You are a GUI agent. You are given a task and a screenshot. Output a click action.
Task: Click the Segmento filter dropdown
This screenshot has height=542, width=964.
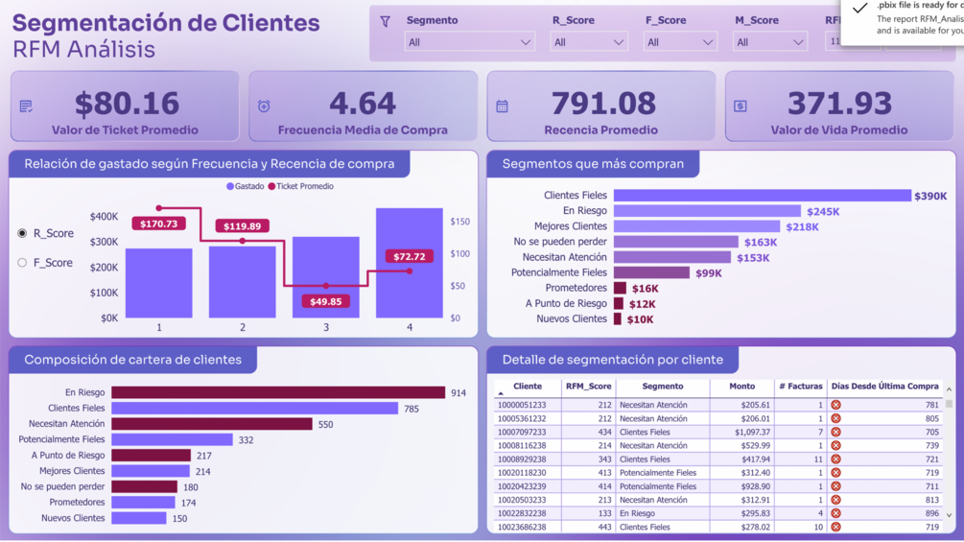[469, 42]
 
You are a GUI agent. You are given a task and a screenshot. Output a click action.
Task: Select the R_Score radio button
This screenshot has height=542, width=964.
[22, 233]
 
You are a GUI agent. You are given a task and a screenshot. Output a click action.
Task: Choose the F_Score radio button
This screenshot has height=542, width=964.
[22, 262]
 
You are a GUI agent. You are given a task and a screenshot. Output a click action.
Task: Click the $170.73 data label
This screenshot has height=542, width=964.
[158, 224]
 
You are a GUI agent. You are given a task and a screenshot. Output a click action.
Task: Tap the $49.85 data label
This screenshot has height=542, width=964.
[325, 301]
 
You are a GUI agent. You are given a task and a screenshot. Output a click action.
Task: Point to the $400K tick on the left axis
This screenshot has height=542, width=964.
[104, 217]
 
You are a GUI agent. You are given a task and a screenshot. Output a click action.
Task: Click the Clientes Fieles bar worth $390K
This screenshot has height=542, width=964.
[762, 196]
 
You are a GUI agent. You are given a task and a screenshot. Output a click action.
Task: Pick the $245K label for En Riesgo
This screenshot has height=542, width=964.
[823, 212]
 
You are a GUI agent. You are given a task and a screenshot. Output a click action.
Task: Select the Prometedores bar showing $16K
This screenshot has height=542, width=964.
[620, 288]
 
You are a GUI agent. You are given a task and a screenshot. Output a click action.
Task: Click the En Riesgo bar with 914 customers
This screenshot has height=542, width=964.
[278, 392]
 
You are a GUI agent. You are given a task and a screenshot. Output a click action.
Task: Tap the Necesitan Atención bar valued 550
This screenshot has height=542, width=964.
[211, 424]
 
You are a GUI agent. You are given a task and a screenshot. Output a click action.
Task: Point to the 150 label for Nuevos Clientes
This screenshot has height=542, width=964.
[180, 519]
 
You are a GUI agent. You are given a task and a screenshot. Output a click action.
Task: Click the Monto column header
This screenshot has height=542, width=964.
[741, 387]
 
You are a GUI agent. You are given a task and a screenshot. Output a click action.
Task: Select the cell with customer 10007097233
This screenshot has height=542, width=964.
[521, 433]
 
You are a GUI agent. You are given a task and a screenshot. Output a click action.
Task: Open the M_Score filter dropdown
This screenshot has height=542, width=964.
[770, 42]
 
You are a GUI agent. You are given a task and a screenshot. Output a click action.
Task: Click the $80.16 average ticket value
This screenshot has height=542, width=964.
[127, 104]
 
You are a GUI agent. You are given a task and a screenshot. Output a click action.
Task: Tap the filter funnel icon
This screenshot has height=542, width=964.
[386, 21]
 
